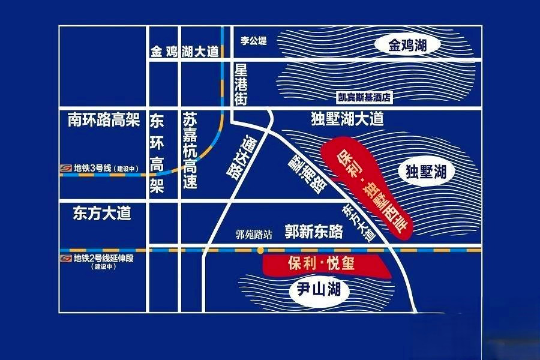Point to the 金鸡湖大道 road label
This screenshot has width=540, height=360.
185,52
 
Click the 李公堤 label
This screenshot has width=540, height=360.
253,41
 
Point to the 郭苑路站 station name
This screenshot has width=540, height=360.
253,235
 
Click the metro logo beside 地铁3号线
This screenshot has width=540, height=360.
66,169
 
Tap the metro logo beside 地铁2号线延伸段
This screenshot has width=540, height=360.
66,259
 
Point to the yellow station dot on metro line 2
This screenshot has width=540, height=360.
260,249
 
